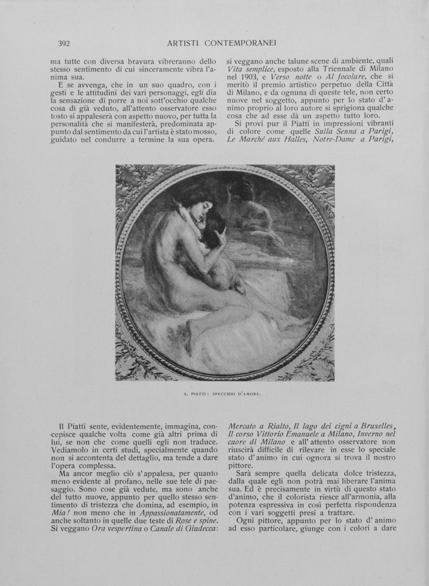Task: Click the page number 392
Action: click(x=64, y=43)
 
